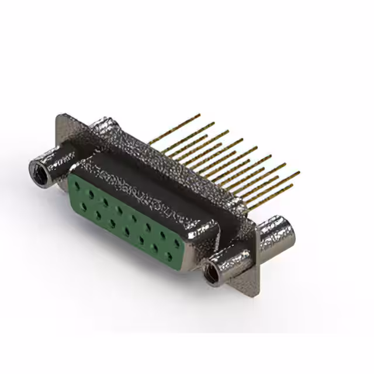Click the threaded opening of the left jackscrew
coord(39,170)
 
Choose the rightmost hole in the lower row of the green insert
coord(169,255)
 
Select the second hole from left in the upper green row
coord(91,193)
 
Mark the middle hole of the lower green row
coord(126,230)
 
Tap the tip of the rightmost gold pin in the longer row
coord(299,172)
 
